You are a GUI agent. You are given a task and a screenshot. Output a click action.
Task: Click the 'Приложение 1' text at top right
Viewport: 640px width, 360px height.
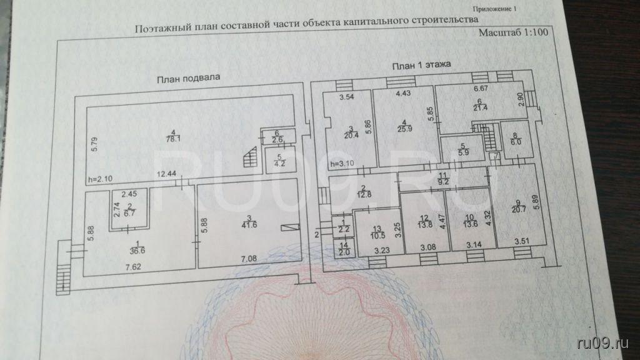coord(497,10)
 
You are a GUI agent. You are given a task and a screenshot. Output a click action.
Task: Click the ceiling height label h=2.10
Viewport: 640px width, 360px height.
coord(101,179)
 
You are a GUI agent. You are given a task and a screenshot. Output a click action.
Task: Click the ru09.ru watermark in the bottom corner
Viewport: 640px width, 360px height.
coord(603,341)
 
